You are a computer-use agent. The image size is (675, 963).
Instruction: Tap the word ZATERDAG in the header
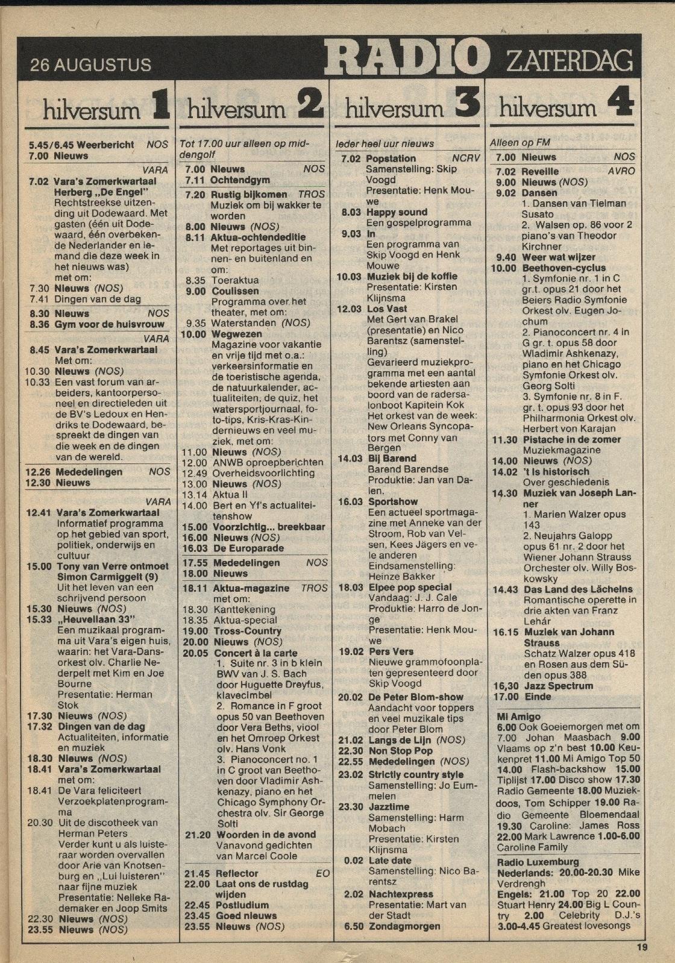click(569, 61)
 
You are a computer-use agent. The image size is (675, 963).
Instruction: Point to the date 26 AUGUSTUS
click(90, 64)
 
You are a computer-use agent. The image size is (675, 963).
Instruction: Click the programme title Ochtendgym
click(240, 180)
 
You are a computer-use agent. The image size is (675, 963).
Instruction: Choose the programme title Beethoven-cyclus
click(564, 268)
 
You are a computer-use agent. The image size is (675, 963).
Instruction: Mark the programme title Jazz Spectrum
click(559, 686)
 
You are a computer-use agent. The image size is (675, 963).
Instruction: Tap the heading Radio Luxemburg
click(538, 862)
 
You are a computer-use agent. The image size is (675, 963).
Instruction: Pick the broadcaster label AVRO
click(621, 171)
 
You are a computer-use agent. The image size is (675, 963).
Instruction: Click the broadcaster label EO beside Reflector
click(322, 873)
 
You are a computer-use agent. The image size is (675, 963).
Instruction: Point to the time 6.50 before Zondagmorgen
click(353, 926)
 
